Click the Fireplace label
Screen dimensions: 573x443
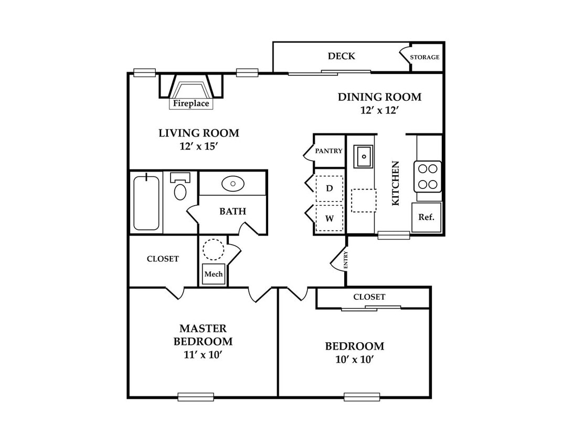[x=191, y=103]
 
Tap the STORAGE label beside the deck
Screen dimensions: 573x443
[x=425, y=57]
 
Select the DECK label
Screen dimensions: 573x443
[x=341, y=56]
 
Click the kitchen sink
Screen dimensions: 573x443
[x=363, y=156]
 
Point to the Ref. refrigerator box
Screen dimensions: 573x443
[x=427, y=217]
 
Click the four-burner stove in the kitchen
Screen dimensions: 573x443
[x=428, y=176]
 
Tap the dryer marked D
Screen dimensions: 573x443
[x=329, y=188]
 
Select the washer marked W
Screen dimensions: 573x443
[x=329, y=218]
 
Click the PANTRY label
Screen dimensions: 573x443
[x=329, y=151]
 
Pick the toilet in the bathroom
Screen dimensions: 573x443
[x=180, y=186]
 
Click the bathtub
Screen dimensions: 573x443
[x=146, y=203]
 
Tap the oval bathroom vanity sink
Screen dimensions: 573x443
[x=233, y=184]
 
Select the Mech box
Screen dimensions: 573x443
[x=214, y=274]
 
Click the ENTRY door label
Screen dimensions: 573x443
[x=346, y=260]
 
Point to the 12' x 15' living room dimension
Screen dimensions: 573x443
[x=199, y=146]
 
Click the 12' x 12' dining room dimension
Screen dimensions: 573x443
[x=379, y=110]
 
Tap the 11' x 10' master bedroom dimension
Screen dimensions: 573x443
[x=203, y=354]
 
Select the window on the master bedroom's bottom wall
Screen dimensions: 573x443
[x=196, y=397]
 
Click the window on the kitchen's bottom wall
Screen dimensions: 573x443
[x=394, y=235]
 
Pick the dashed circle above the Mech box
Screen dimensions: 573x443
[x=214, y=250]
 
